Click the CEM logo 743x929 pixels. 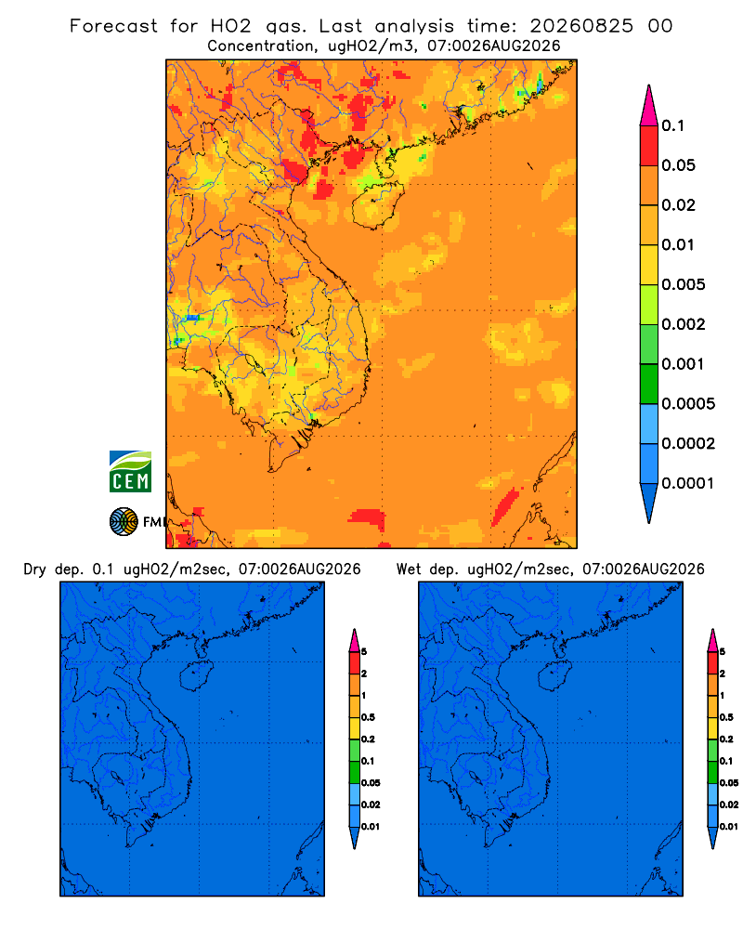[130, 472]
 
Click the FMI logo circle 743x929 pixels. [124, 522]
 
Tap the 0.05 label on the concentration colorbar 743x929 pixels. [678, 165]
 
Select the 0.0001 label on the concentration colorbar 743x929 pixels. [688, 483]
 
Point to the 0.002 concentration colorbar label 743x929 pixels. [684, 324]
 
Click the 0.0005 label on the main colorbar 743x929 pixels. [688, 404]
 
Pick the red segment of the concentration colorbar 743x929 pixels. [649, 146]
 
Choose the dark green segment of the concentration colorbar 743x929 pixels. [649, 384]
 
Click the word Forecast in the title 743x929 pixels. [113, 26]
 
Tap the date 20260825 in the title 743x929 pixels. [581, 26]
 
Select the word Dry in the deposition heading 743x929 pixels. [34, 570]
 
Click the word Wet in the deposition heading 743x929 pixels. [409, 569]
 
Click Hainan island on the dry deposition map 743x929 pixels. [196, 676]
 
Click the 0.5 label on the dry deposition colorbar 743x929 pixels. [368, 717]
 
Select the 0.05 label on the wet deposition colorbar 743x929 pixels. [729, 783]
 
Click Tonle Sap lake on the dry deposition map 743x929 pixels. [118, 776]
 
